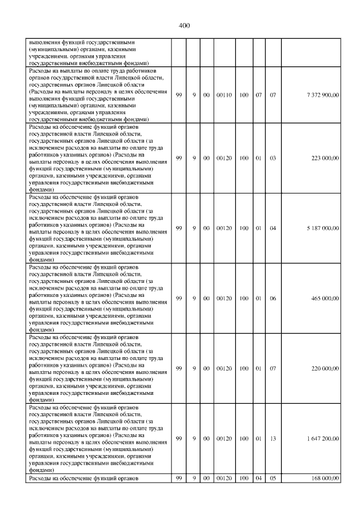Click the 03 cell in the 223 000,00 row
pyautogui.click(x=273, y=159)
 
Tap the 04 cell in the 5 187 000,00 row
pyautogui.click(x=273, y=228)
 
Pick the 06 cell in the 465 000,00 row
pyautogui.click(x=273, y=298)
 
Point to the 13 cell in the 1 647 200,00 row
pyautogui.click(x=273, y=438)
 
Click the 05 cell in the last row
pyautogui.click(x=273, y=478)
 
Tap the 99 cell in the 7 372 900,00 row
pyautogui.click(x=179, y=95)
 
